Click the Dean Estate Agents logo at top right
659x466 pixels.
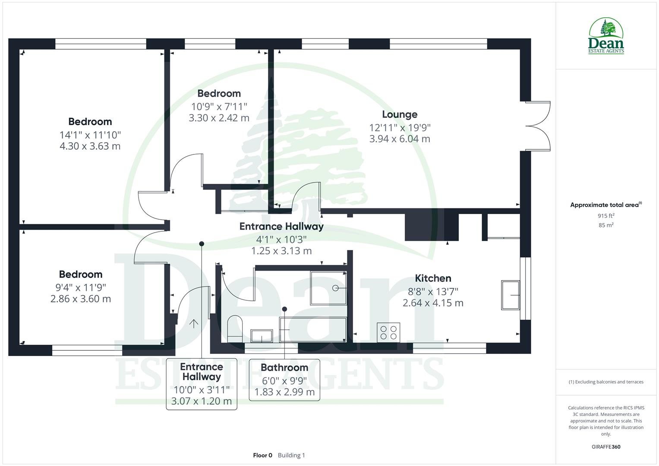[x=606, y=36]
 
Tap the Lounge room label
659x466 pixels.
[x=400, y=114]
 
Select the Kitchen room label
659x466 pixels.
[x=433, y=278]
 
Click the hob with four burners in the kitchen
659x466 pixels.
[x=388, y=332]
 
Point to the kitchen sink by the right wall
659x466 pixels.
[x=510, y=295]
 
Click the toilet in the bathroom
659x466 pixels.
[x=235, y=329]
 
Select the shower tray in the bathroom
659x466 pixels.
[x=328, y=287]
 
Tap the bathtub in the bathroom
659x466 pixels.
[x=312, y=330]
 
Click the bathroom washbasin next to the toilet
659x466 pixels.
[x=262, y=335]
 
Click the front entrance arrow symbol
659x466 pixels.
[x=194, y=323]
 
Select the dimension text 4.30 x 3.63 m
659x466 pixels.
[x=90, y=146]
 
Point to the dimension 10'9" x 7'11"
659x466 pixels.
[x=219, y=106]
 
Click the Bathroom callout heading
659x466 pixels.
[x=284, y=368]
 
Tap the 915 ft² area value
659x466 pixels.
[x=606, y=216]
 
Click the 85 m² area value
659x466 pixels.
[x=606, y=225]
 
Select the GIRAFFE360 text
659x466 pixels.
[x=606, y=447]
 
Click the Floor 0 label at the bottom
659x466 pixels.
[x=262, y=455]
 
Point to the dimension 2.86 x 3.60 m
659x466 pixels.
[x=81, y=299]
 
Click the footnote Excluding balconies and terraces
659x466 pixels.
[x=606, y=382]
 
